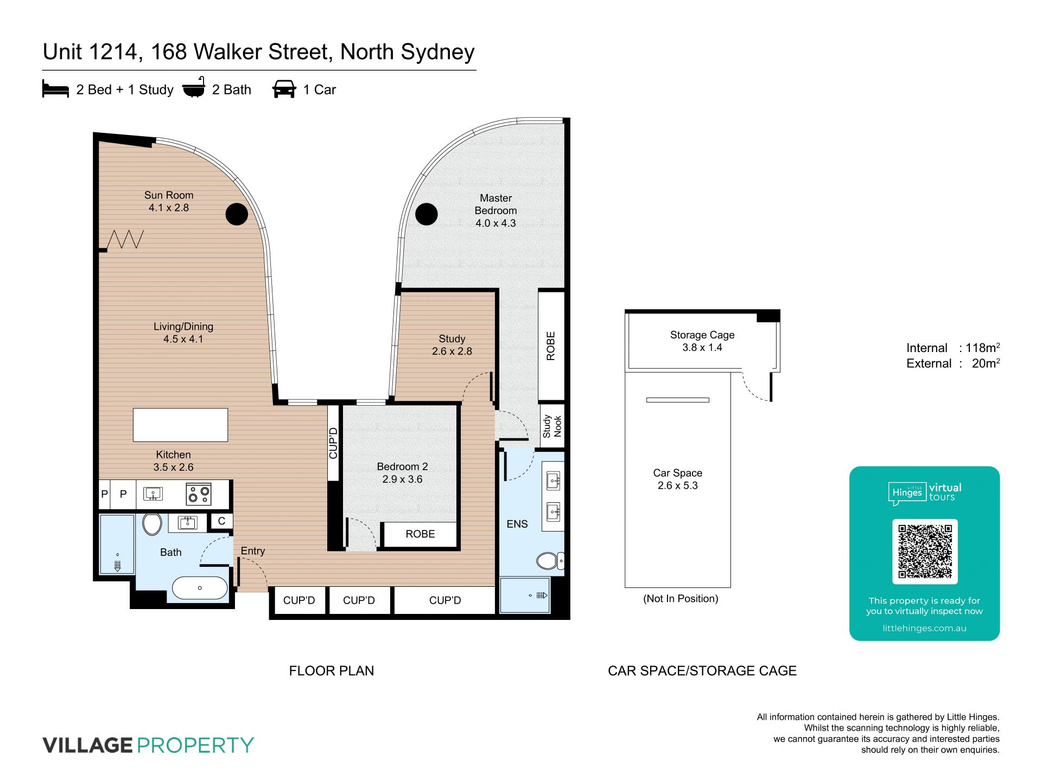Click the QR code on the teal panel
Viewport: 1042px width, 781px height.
(925, 551)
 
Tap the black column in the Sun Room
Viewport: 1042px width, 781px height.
(237, 214)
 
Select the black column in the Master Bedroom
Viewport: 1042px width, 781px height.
(427, 214)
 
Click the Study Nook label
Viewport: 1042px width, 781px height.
(552, 426)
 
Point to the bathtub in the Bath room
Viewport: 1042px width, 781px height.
(200, 588)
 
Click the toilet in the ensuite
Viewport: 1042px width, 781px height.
(550, 560)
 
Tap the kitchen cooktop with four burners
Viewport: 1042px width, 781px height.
(199, 494)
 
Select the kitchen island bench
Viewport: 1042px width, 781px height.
(180, 425)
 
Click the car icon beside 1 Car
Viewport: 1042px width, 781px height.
(284, 89)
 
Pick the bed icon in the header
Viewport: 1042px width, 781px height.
(55, 89)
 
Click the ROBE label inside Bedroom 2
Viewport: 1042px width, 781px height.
(420, 534)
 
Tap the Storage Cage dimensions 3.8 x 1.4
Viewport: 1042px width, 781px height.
(702, 348)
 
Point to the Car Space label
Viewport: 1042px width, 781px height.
(678, 473)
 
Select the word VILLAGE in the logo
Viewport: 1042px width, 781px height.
(88, 745)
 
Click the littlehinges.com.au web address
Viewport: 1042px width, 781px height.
(924, 628)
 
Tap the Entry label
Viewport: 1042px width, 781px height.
(253, 551)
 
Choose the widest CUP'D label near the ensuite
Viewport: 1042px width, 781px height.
(445, 600)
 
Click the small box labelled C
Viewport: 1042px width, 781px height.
(221, 521)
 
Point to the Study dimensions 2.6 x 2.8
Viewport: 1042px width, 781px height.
(452, 351)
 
